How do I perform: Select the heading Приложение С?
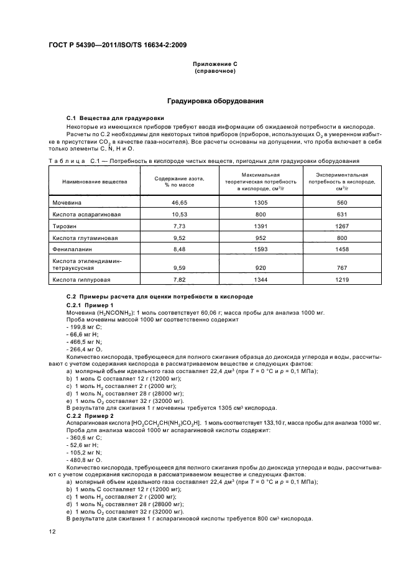(215, 64)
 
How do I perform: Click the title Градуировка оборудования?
(215, 101)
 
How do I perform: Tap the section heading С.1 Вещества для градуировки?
(115, 118)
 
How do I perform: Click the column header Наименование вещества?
(95, 182)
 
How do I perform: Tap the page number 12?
(53, 530)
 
